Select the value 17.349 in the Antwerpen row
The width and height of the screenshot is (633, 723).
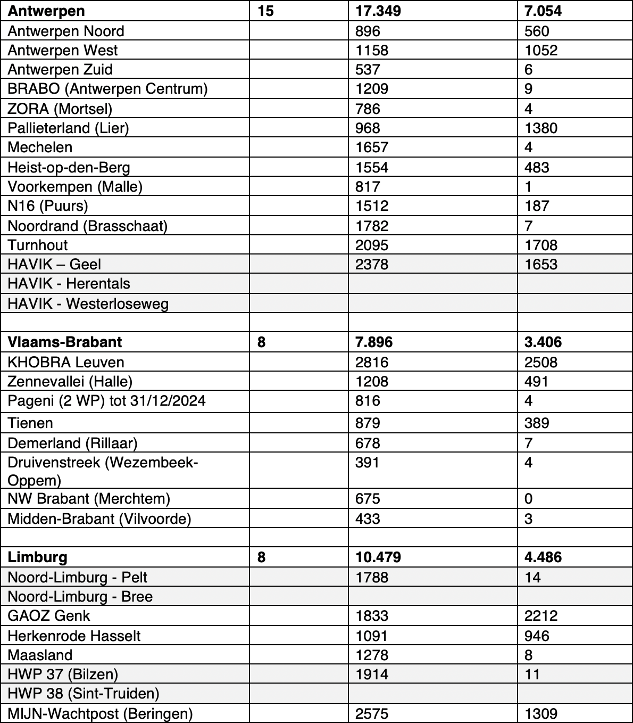coord(378,11)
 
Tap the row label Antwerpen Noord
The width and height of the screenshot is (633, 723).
coord(66,31)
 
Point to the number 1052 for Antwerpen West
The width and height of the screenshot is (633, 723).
coord(541,50)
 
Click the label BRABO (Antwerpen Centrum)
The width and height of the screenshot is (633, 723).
coord(107,88)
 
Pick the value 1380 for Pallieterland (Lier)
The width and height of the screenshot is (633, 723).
coord(541,128)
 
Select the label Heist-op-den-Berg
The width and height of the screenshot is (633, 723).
coord(69,167)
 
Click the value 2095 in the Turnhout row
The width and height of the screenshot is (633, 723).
coord(372,245)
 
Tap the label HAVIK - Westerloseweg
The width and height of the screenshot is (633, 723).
coord(88,303)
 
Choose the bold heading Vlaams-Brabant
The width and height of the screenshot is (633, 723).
coord(65,342)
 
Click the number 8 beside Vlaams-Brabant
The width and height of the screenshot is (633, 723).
coord(261,342)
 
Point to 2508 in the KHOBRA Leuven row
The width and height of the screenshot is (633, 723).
coord(541,362)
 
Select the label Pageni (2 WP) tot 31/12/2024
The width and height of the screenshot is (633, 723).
coord(106,400)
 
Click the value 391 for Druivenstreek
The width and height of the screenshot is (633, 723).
coord(368,462)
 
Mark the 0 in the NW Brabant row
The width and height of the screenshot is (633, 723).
coord(528,498)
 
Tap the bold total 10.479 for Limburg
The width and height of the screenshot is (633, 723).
coord(378,557)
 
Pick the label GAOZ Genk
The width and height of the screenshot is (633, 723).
coord(49,615)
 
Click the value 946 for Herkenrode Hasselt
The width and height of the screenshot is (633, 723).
coord(537,636)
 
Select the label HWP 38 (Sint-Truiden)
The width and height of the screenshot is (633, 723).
coord(84,693)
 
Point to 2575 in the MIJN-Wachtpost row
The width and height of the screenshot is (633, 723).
coord(372,713)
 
